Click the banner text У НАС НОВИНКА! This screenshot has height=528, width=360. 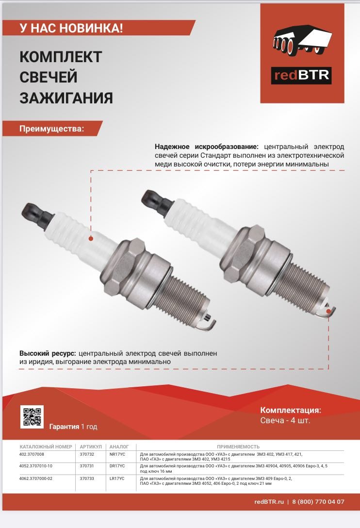[71, 28]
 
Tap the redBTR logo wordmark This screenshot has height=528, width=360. [301, 75]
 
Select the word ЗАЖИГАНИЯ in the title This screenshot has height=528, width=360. [66, 98]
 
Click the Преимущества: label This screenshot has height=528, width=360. [51, 129]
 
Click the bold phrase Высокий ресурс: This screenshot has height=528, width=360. [48, 353]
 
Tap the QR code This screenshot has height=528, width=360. [32, 417]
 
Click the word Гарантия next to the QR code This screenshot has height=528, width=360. [64, 427]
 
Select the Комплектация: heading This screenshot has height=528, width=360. [291, 410]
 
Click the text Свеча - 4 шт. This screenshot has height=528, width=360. [285, 420]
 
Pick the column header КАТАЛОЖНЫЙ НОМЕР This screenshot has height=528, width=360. [46, 446]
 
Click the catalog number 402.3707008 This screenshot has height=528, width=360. [32, 454]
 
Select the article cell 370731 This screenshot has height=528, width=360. [87, 466]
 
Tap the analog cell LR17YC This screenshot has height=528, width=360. [117, 478]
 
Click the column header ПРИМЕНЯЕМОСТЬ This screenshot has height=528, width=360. [238, 446]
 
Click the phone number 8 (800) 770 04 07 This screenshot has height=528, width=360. [318, 502]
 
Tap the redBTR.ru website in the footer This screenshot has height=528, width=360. [268, 502]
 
